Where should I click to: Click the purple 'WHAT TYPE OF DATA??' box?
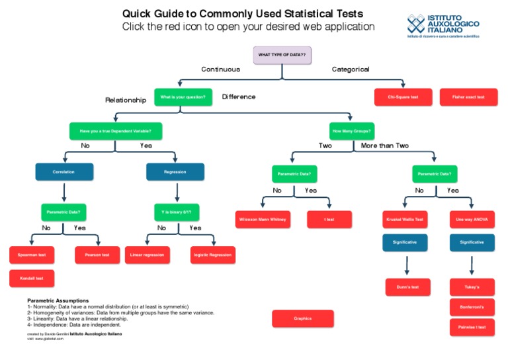coord(282,55)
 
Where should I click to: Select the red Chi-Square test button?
coord(403,97)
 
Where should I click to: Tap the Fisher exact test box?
coord(468,97)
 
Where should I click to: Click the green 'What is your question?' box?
coord(183,97)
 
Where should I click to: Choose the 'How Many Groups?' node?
coord(352,131)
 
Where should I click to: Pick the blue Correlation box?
coord(64,172)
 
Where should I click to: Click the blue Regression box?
coord(175,172)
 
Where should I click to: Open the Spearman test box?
coord(32,255)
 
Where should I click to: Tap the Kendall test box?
coord(32,279)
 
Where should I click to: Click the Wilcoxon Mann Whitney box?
coord(263,219)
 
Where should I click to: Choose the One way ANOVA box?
coord(472,219)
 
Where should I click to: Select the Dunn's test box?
coord(407,287)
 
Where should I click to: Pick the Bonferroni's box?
coord(472,307)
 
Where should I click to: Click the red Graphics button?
coord(302,318)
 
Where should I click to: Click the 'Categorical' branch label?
coord(351,69)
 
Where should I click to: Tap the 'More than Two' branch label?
coord(385,146)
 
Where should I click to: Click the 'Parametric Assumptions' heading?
coord(58,300)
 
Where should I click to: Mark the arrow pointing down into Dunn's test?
coord(407,265)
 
